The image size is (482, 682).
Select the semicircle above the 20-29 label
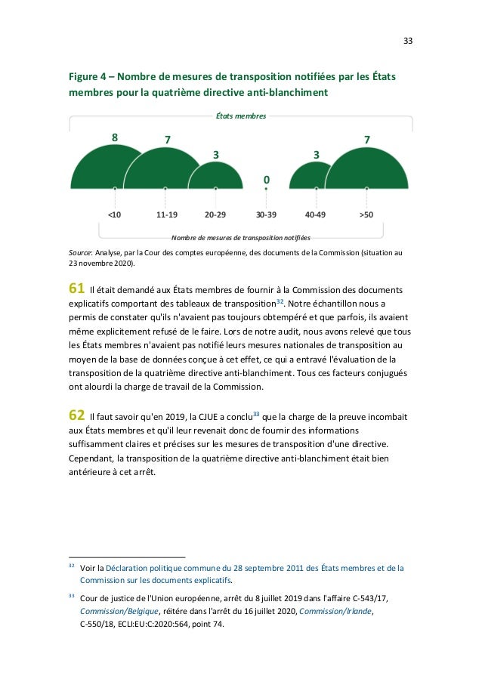click(x=215, y=176)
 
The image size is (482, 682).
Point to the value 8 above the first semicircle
click(x=115, y=137)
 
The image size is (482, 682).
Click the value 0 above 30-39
click(x=265, y=180)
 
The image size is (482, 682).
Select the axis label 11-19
click(x=166, y=214)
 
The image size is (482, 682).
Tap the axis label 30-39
click(x=266, y=214)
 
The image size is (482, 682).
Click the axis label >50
click(x=366, y=214)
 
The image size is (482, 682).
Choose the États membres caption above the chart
click(x=241, y=117)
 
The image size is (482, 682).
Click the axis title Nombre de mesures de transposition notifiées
click(x=241, y=236)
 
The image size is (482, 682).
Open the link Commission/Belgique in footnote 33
click(x=111, y=612)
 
